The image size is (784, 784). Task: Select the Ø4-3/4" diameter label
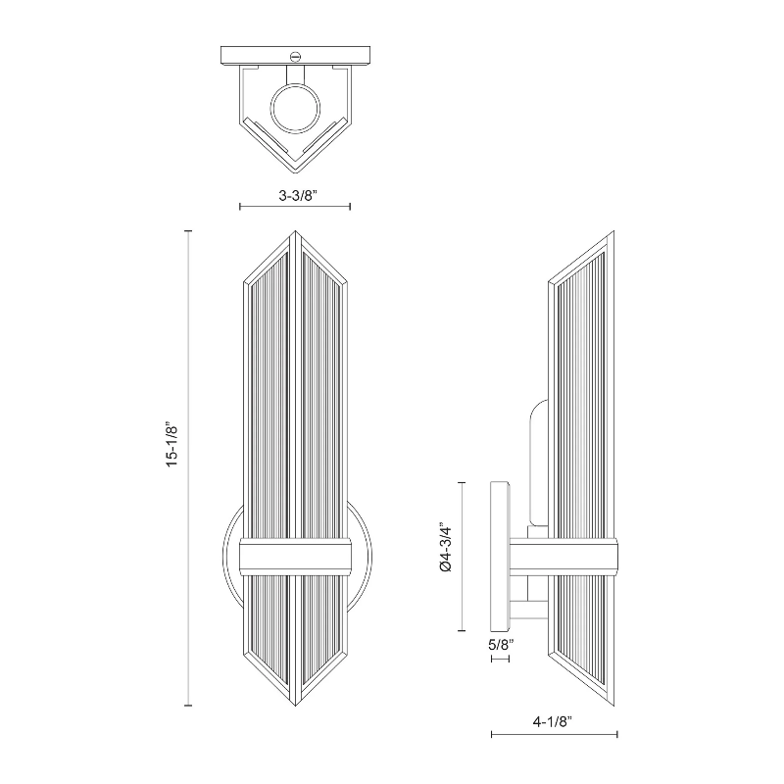tap(445, 548)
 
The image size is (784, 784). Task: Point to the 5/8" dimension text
tap(501, 645)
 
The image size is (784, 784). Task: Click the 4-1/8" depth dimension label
tap(552, 721)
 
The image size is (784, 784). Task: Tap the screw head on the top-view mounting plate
tap(295, 57)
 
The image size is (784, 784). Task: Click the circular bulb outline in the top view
tap(295, 109)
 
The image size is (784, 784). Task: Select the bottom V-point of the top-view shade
tap(296, 172)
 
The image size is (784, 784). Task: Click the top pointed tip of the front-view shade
tap(295, 231)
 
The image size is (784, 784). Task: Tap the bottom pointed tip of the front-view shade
tap(295, 705)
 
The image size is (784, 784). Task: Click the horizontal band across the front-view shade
tap(296, 557)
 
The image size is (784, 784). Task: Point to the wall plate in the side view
tap(500, 557)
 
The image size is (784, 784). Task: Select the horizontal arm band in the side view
tap(563, 557)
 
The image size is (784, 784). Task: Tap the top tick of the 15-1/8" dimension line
tap(188, 231)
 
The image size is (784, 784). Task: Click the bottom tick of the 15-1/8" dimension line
tap(188, 705)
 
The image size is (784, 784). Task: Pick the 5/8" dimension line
tap(500, 659)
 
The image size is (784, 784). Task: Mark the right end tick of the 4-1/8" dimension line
tap(617, 734)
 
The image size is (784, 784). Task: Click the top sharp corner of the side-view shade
tap(613, 231)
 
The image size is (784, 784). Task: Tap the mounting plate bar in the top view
tap(296, 55)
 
